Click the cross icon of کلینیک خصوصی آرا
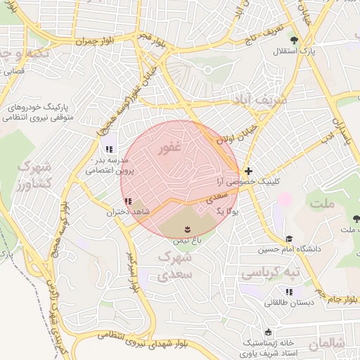[x=248, y=171]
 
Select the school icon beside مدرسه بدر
[x=108, y=149]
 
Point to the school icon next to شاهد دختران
[x=128, y=201]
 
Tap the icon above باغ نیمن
[x=187, y=229]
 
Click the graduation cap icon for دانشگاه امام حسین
[x=289, y=239]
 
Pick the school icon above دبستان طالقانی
[x=288, y=292]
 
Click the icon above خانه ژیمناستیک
[x=267, y=332]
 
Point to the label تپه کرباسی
[x=270, y=271]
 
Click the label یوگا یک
[x=228, y=210]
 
